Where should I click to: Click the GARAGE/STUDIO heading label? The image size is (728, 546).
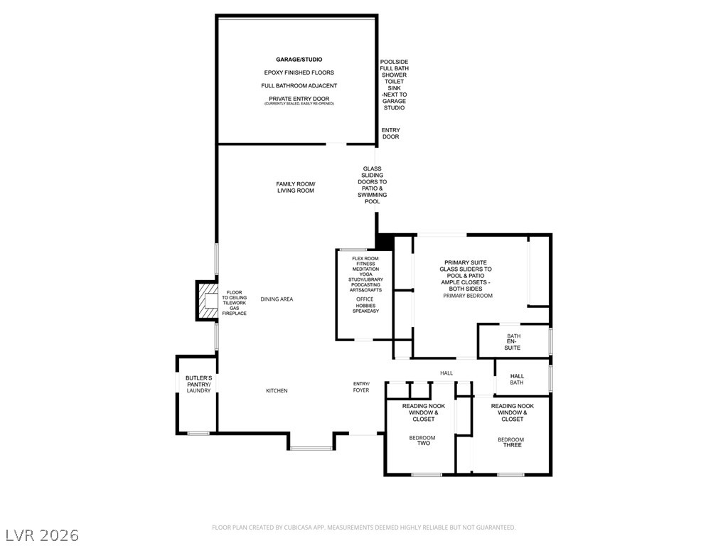[x=299, y=60]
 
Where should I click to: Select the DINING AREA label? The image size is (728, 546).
[x=277, y=299]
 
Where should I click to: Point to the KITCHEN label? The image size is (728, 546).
[x=277, y=390]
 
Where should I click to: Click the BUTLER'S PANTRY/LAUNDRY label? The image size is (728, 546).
[x=199, y=385]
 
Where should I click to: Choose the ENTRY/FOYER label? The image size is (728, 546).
[x=361, y=387]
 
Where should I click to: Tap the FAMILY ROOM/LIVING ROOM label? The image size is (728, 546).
[x=296, y=187]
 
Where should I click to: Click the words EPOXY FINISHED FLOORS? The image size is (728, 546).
[x=299, y=73]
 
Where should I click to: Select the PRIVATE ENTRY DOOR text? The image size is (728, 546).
[x=299, y=98]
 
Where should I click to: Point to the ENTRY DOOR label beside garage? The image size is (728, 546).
[x=390, y=133]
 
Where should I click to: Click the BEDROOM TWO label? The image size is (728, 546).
[x=422, y=440]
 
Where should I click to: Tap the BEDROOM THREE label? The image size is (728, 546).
[x=511, y=442]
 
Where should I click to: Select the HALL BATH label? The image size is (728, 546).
[x=517, y=380]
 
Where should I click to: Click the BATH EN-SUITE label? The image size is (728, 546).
[x=513, y=342]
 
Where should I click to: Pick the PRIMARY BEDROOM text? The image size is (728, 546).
[x=468, y=296]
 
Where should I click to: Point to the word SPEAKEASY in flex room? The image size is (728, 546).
[x=366, y=311]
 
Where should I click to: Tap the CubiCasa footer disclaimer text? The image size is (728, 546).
[x=363, y=528]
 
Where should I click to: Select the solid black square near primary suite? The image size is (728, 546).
[x=385, y=242]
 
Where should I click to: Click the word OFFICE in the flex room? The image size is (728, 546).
[x=365, y=299]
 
